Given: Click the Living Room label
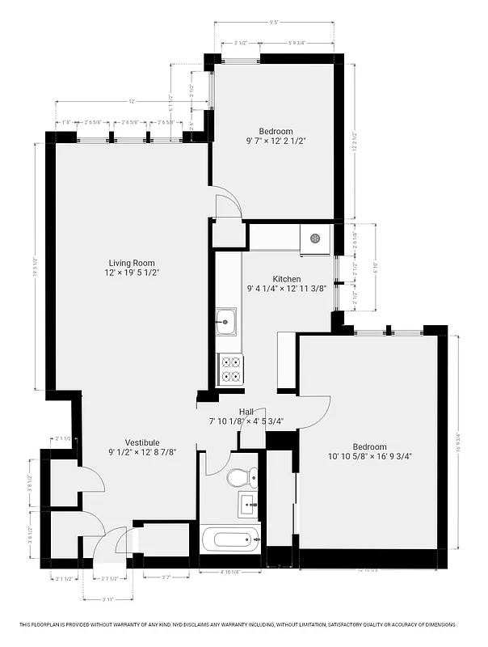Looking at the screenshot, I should [133, 263].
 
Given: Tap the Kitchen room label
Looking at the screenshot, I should [286, 279].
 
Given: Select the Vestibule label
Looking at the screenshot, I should [141, 442].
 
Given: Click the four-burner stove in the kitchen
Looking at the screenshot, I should [229, 370].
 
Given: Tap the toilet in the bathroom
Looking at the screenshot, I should [240, 477].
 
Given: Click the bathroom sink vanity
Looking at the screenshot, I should [248, 506].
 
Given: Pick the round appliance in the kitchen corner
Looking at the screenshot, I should [316, 239].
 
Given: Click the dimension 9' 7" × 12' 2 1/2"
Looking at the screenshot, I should [276, 141].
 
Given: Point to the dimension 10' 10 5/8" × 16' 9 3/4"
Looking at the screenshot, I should [370, 456].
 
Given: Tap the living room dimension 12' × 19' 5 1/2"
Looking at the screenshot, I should [133, 273].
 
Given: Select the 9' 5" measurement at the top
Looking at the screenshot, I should [274, 23].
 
